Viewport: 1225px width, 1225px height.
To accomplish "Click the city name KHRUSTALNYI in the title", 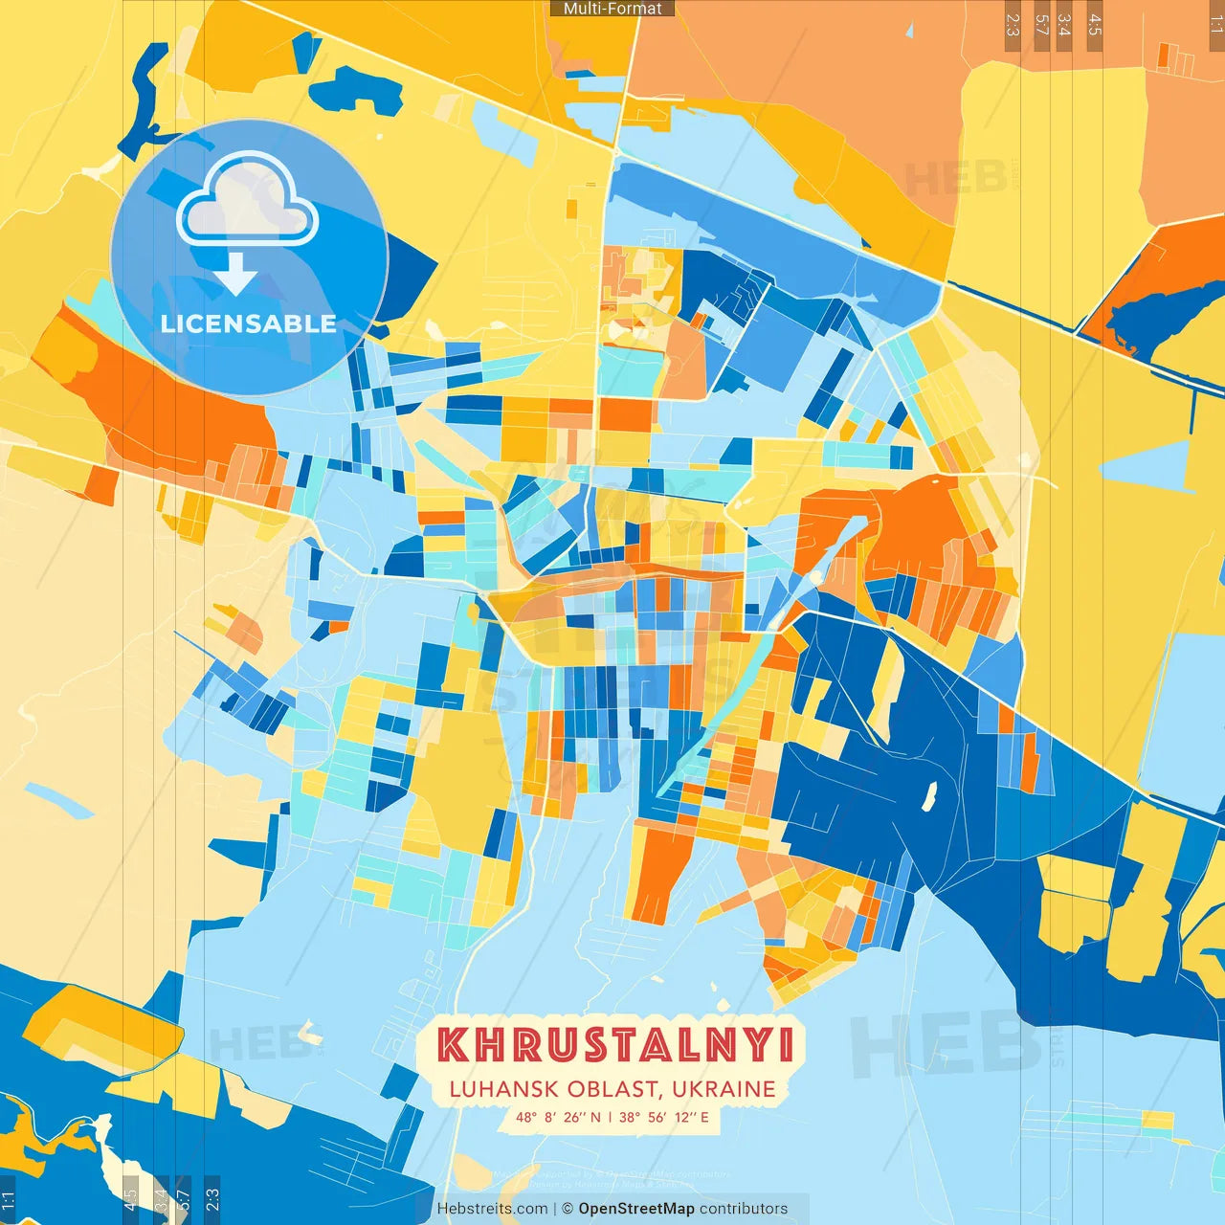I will tap(615, 1044).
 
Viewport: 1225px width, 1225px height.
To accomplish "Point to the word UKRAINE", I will tap(724, 1089).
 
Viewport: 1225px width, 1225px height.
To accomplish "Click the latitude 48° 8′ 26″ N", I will tap(558, 1117).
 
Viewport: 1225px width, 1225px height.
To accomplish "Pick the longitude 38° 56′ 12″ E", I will tap(664, 1117).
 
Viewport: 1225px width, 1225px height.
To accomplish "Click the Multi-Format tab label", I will tap(612, 9).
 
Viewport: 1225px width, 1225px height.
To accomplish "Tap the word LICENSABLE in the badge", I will tap(249, 323).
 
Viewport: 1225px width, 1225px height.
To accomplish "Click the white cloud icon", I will tap(248, 202).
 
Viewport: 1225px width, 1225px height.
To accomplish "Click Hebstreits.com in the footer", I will tap(492, 1209).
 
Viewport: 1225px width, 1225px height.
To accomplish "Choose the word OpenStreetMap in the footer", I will tap(636, 1209).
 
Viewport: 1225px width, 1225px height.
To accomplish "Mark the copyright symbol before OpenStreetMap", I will tap(568, 1209).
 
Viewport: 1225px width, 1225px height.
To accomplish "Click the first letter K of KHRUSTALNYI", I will tap(454, 1044).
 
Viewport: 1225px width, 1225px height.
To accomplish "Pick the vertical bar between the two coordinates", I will tap(611, 1117).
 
